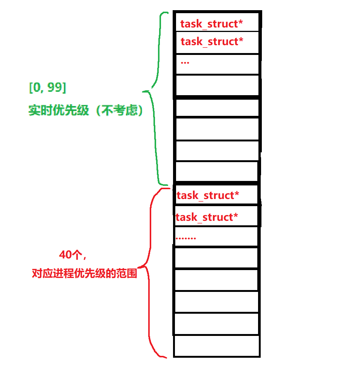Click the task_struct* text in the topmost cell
coord(211,24)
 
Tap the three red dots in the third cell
coord(185,62)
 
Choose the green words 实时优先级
coord(58,111)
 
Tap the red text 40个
coord(73,255)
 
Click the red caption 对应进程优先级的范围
coord(84,273)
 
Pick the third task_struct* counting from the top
coord(208,196)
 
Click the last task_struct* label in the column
coord(207,217)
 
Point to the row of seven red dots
coord(186,238)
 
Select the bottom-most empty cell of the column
coord(216,346)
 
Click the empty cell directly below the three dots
coord(217,85)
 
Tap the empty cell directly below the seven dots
coord(216,258)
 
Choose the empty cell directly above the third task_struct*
coord(216,172)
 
